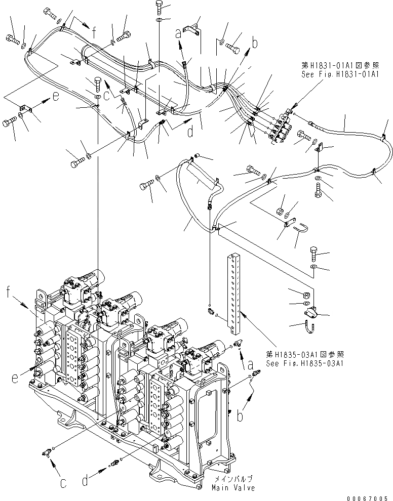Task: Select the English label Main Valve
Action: pyautogui.click(x=233, y=488)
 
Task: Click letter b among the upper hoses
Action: pyautogui.click(x=255, y=44)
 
